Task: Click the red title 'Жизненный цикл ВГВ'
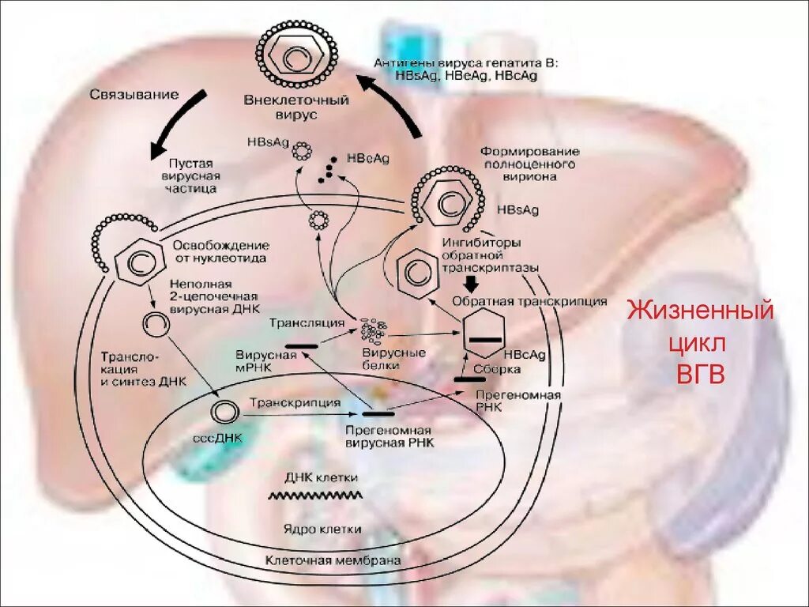[700, 343]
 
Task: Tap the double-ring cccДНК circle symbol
[224, 411]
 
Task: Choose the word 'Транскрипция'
[295, 402]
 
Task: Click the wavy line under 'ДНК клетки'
[316, 496]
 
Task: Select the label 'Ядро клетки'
[322, 529]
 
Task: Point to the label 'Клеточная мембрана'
[333, 560]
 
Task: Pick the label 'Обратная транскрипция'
[529, 301]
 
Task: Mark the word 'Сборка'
[497, 368]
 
